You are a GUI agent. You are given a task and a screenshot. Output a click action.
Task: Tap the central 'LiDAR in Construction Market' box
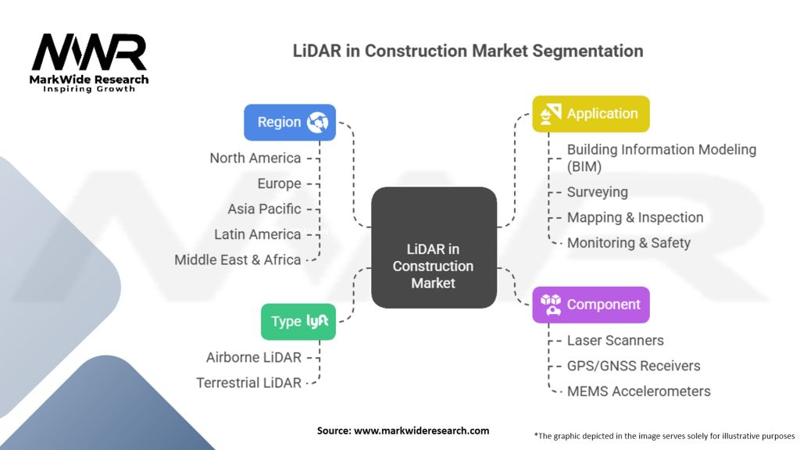point(434,247)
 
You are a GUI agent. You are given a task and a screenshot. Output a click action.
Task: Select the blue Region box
point(290,122)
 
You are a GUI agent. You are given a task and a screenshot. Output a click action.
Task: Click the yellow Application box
point(591,113)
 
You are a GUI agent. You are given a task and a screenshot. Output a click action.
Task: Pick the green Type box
point(298,321)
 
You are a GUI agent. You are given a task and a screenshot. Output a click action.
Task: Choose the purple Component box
point(591,305)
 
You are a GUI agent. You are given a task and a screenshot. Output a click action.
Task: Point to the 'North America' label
point(255,158)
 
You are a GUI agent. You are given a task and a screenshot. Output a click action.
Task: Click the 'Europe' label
point(279,184)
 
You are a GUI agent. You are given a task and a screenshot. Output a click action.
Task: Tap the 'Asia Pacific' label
point(264,209)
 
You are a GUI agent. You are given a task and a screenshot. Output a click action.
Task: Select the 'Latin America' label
point(257,234)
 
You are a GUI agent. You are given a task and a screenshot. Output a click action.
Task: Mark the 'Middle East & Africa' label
point(237,259)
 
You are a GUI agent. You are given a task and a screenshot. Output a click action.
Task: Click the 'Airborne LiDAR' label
point(253,357)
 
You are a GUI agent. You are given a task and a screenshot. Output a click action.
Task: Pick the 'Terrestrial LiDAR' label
point(248,383)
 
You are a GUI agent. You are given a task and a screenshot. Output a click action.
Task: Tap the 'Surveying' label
point(597,191)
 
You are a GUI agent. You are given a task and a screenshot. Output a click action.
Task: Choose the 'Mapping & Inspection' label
point(635,217)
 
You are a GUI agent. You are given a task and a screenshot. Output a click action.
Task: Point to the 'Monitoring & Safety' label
point(629,243)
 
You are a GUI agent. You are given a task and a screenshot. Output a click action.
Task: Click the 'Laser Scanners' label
point(616,340)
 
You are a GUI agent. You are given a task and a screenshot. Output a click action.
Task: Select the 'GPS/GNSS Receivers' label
point(634,366)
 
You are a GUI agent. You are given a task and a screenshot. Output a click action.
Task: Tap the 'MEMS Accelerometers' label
point(639,391)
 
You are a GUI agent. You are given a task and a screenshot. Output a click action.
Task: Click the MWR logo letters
point(88,53)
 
